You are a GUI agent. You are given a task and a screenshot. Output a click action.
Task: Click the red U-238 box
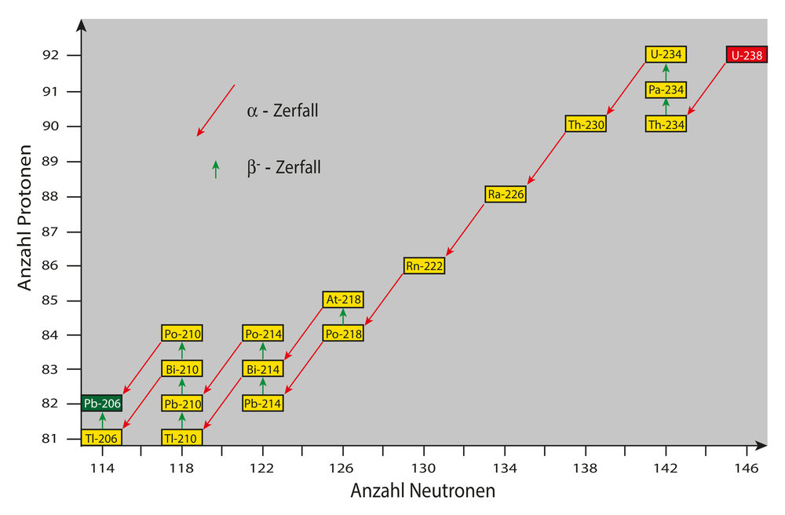coord(747,55)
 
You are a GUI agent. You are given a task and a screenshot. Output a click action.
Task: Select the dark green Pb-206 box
coord(102,404)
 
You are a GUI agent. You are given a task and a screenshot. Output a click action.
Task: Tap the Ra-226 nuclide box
coord(505,194)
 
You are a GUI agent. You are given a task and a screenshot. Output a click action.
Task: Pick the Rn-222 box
coord(425,266)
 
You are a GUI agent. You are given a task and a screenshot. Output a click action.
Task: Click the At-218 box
coord(343,300)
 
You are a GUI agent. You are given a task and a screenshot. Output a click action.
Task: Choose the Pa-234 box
coord(666,90)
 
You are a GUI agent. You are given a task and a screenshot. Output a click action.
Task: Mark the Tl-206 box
coord(102,438)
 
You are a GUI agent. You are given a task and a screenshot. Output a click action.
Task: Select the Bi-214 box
coord(262,368)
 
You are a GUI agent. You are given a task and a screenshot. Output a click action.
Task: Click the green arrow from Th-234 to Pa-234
coord(666,107)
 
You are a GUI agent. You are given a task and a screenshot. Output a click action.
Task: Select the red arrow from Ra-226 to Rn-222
coord(466,230)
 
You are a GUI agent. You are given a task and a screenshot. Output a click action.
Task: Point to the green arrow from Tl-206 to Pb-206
coord(102,421)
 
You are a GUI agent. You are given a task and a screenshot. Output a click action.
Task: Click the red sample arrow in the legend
coord(216,110)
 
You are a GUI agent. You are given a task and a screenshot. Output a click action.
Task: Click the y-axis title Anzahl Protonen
coord(26,217)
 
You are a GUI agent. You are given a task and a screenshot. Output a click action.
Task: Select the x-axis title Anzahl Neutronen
coord(422,491)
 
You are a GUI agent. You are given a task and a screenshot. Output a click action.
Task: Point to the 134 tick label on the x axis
coord(505,469)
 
